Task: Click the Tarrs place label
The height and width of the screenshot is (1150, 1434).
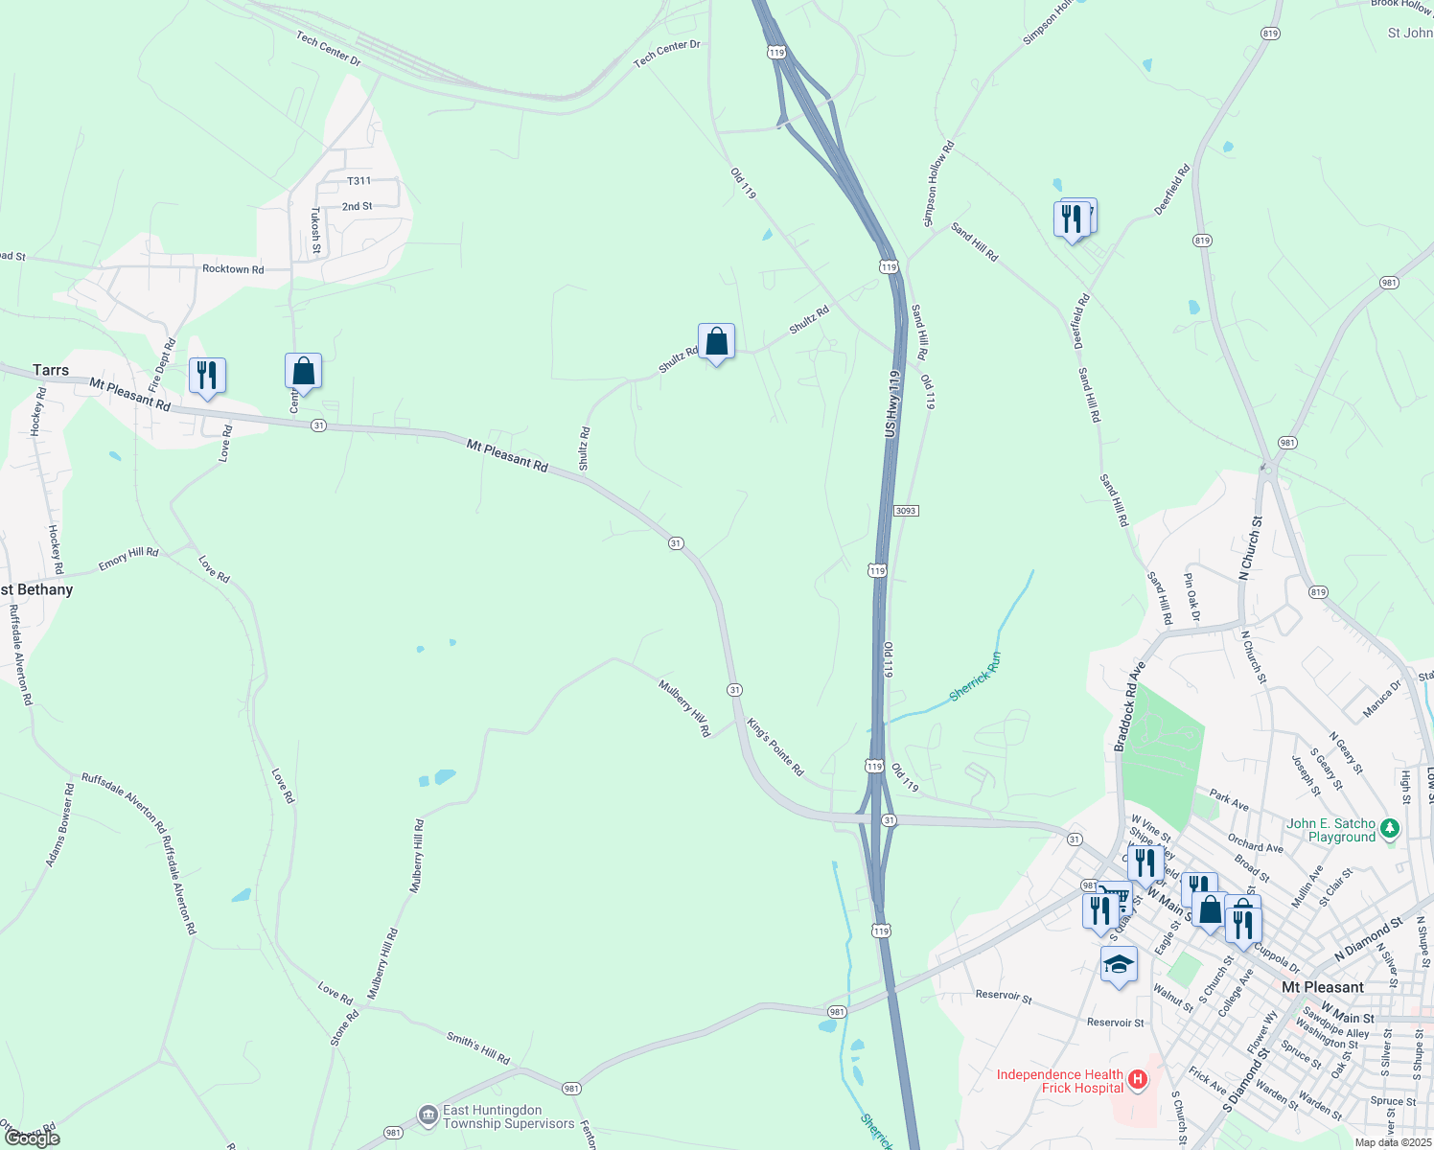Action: pos(51,370)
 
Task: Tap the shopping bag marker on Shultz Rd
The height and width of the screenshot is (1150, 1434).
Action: pos(716,342)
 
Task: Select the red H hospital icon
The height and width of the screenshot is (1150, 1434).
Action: pos(1138,1080)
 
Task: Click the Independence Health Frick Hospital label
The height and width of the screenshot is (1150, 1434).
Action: pos(1059,1081)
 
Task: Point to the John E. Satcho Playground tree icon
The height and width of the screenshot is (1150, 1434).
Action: pos(1390,828)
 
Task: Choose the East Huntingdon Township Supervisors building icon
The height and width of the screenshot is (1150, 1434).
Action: pos(428,1115)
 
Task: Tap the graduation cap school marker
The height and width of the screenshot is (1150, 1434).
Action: pos(1119,965)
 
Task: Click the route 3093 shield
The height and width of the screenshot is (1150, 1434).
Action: pos(906,511)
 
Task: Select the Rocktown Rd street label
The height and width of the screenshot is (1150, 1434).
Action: pos(233,269)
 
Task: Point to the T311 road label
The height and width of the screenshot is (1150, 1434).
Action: pos(358,181)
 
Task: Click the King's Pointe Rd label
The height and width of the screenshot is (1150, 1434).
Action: pos(775,747)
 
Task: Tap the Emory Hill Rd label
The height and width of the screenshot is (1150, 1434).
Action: pos(128,559)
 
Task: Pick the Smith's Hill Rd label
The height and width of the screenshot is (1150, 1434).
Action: pos(478,1047)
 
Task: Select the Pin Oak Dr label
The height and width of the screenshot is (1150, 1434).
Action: pos(1191,597)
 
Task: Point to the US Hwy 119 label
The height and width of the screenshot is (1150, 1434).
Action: pos(892,404)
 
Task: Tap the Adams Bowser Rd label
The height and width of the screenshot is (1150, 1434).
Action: pos(59,825)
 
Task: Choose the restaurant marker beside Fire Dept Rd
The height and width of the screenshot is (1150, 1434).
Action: pos(207,376)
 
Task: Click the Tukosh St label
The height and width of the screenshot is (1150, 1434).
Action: pos(315,231)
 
